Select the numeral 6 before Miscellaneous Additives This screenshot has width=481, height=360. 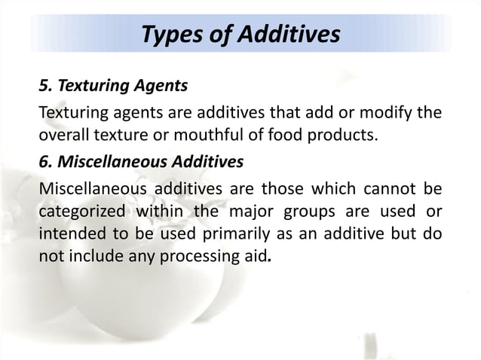[43, 161]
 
